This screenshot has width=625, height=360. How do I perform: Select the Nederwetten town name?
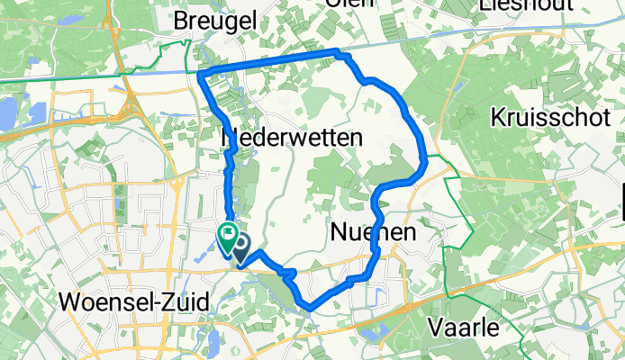pos(292,138)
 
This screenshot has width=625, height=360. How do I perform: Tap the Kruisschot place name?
pos(549,117)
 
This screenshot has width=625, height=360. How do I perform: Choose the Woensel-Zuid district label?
pos(134,301)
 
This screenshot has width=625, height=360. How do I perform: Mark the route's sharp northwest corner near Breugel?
pos(199,72)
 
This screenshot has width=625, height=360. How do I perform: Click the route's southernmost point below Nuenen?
pos(310,309)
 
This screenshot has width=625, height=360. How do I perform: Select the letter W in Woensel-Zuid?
pos(69,301)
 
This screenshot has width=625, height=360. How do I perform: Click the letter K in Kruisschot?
pos(498,117)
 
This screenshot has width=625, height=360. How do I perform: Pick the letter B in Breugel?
pos(183,19)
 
